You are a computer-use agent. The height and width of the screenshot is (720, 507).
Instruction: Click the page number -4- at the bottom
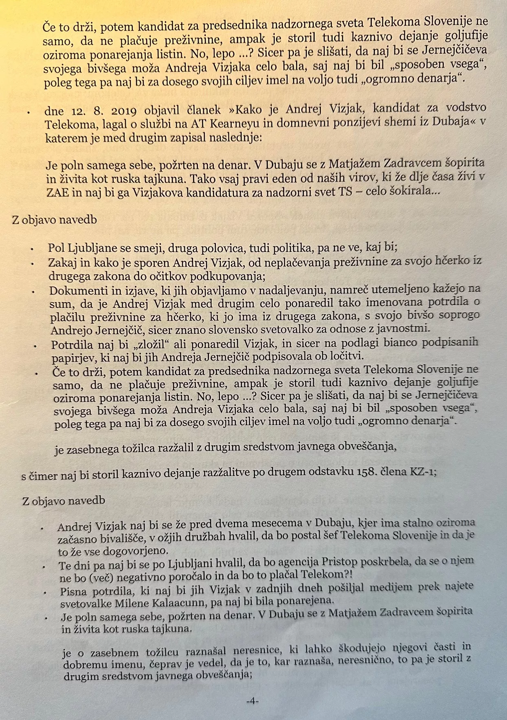point(252,701)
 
